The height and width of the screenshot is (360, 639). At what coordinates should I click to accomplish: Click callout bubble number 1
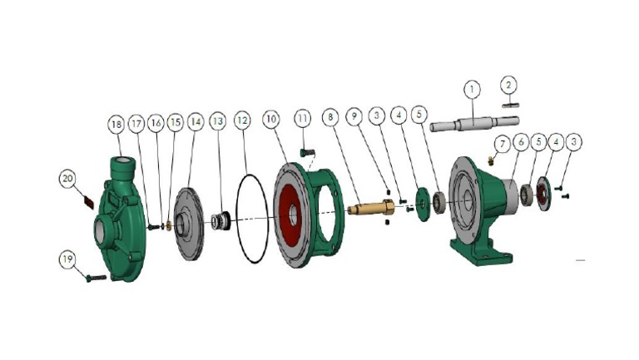[473, 89]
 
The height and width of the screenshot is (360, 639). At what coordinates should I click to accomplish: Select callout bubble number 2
[508, 85]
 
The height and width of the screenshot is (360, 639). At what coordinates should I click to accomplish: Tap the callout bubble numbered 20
[67, 179]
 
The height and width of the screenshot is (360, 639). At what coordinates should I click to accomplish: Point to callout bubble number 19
[67, 259]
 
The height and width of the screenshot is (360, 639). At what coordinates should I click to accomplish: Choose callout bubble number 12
[242, 121]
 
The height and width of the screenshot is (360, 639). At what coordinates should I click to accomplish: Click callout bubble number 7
[503, 144]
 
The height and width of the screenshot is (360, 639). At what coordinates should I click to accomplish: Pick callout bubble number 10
[271, 119]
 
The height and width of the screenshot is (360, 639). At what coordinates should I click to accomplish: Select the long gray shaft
[474, 123]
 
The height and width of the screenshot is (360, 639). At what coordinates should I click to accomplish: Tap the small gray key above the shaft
[510, 106]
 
